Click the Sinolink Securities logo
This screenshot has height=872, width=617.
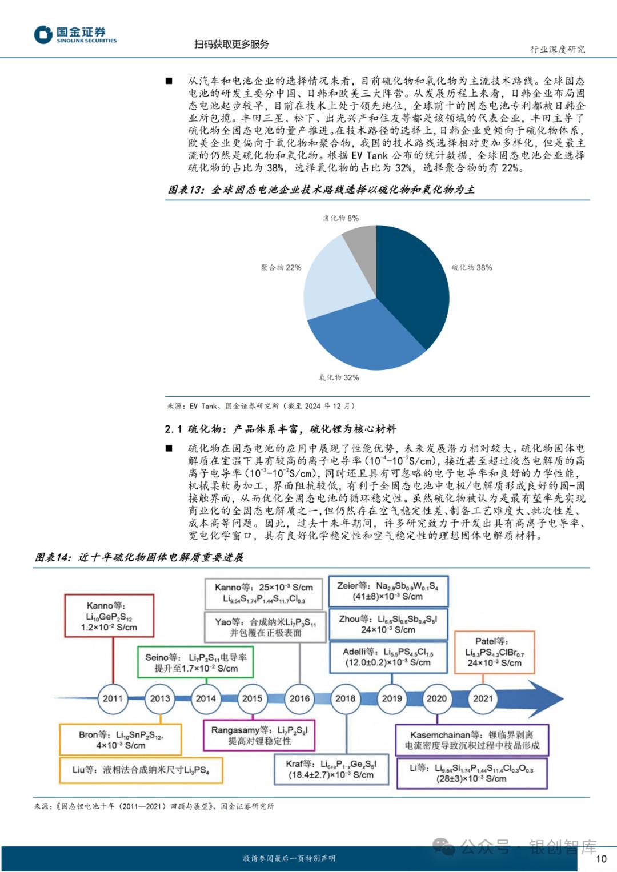pyautogui.click(x=75, y=35)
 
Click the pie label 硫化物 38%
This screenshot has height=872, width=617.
pyautogui.click(x=471, y=267)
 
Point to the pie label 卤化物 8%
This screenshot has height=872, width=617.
pyautogui.click(x=340, y=218)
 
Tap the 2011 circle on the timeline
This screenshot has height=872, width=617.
pyautogui.click(x=113, y=698)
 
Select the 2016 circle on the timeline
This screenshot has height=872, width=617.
pyautogui.click(x=299, y=698)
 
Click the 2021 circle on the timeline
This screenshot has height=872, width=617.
pyautogui.click(x=483, y=698)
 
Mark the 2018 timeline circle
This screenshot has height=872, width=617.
pyautogui.click(x=346, y=698)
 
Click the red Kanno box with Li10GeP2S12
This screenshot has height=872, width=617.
pyautogui.click(x=101, y=616)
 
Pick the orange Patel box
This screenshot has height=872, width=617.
pyautogui.click(x=494, y=652)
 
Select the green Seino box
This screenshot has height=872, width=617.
pyautogui.click(x=195, y=662)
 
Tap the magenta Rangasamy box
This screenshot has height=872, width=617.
pyautogui.click(x=259, y=735)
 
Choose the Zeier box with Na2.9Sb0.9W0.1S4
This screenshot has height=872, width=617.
pyautogui.click(x=388, y=591)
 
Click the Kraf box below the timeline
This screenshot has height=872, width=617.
pyautogui.click(x=331, y=769)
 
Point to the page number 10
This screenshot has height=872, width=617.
pyautogui.click(x=601, y=858)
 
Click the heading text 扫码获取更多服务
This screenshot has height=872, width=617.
pyautogui.click(x=231, y=44)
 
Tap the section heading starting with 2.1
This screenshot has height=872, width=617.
pyautogui.click(x=280, y=429)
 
